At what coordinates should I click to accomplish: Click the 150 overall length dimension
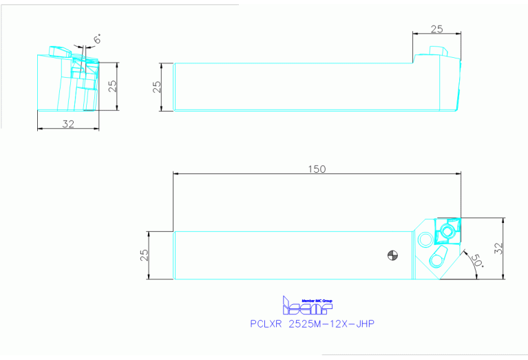(x=317, y=169)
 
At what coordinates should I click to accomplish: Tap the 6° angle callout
(x=98, y=40)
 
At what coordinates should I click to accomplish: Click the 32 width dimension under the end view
(x=69, y=124)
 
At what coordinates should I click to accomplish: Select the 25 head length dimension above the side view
(x=436, y=29)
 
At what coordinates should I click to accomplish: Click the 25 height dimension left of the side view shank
(x=157, y=87)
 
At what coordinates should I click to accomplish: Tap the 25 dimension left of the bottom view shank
(x=144, y=255)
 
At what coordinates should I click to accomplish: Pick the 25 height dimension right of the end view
(x=112, y=86)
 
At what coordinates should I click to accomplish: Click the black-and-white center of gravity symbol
(x=392, y=256)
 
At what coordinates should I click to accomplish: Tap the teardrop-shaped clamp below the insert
(x=436, y=259)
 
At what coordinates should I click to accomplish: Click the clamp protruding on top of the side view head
(x=436, y=52)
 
